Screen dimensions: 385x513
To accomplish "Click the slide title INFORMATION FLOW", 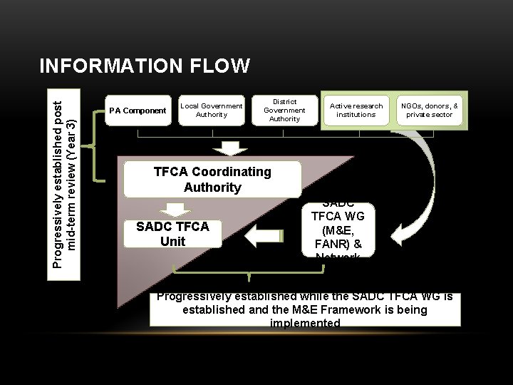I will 145,66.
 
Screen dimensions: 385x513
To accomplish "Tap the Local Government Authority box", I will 211,111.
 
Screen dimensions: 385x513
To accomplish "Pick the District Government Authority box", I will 284,110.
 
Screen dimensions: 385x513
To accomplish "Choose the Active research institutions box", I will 356,110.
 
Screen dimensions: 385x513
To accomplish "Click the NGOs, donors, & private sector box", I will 429,110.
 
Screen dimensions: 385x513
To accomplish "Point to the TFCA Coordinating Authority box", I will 212,180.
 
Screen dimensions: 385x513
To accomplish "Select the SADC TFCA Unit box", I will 172,234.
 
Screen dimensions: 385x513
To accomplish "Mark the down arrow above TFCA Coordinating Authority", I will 231,148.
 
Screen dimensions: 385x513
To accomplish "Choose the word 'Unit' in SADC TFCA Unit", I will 172,242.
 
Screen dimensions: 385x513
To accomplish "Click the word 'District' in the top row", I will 284,101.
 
